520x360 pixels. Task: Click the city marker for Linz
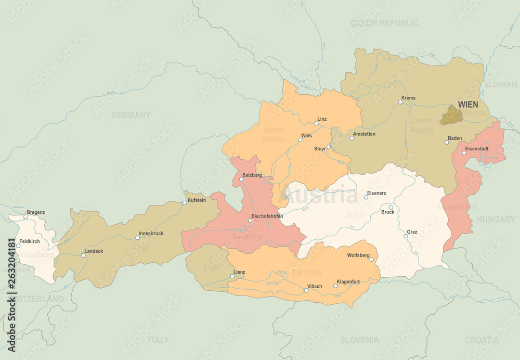tap(316, 123)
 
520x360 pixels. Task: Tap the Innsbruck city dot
tap(137, 238)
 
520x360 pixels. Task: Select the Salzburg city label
tap(252, 175)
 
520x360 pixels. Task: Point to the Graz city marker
tap(406, 236)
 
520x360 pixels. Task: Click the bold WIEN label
tap(468, 105)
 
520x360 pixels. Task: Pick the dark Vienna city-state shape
tap(451, 115)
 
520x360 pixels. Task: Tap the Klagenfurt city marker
tap(335, 286)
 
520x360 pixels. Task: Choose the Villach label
tap(315, 286)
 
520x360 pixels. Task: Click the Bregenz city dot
tap(25, 216)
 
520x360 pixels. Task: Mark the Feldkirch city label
tap(30, 241)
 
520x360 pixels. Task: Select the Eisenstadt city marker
tap(464, 153)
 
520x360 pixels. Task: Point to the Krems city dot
tap(400, 102)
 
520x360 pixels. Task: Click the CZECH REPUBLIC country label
tap(384, 23)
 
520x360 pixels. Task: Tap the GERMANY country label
tap(131, 115)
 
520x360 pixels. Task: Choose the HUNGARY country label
tap(496, 220)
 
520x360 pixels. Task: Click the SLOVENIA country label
tap(359, 340)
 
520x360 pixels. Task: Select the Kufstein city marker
tap(185, 203)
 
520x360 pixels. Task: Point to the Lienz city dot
tap(232, 276)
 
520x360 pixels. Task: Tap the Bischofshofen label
tap(267, 216)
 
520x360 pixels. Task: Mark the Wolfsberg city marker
tap(371, 259)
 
